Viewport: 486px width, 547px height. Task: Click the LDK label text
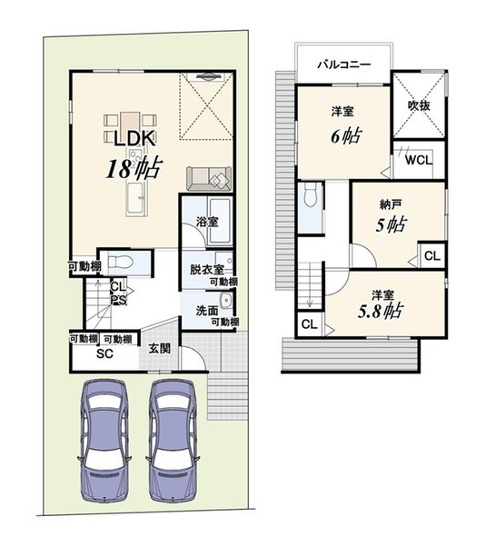pyautogui.click(x=135, y=138)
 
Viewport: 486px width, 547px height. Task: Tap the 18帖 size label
pyautogui.click(x=134, y=168)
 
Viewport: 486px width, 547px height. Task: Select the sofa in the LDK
pyautogui.click(x=209, y=179)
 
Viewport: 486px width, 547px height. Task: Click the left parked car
pyautogui.click(x=104, y=441)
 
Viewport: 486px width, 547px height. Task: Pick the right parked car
pyautogui.click(x=173, y=441)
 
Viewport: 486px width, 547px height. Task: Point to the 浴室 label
pyautogui.click(x=207, y=221)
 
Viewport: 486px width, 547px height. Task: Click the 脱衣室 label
pyautogui.click(x=206, y=270)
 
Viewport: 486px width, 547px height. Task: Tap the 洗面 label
pyautogui.click(x=207, y=311)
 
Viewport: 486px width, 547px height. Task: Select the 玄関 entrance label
pyautogui.click(x=159, y=348)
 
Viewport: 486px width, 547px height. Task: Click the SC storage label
pyautogui.click(x=104, y=353)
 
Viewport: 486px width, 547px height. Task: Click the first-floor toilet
pyautogui.click(x=120, y=262)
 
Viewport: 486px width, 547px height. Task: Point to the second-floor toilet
pyautogui.click(x=310, y=195)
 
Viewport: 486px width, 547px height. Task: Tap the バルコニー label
pyautogui.click(x=344, y=65)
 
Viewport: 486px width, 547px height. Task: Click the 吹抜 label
pyautogui.click(x=419, y=105)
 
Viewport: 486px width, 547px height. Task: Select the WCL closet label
pyautogui.click(x=419, y=160)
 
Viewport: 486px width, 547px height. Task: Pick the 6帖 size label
pyautogui.click(x=346, y=135)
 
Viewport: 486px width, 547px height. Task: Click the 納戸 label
pyautogui.click(x=390, y=204)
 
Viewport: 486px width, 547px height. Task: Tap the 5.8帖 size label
pyautogui.click(x=381, y=312)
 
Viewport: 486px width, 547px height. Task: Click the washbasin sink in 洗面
pyautogui.click(x=226, y=301)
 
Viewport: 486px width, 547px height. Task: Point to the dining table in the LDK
pyautogui.click(x=130, y=124)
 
